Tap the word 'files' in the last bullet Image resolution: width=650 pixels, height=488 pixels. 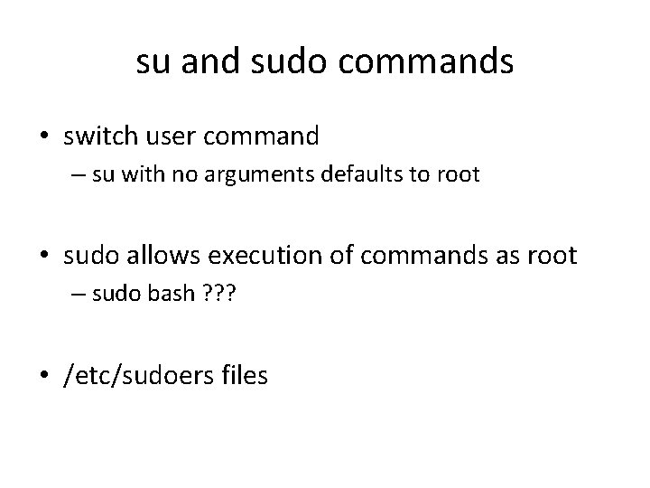pos(241,374)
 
